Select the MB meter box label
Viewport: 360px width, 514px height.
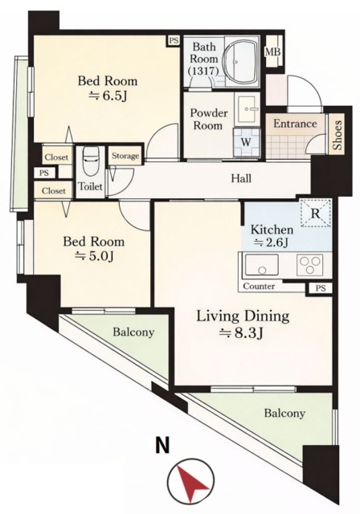pos(272,51)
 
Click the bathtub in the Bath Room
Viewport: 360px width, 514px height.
pos(241,62)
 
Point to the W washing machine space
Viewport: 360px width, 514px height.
pos(246,143)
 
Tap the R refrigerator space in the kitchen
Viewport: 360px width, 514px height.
pos(315,213)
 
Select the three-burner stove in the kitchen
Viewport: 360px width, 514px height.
pos(309,265)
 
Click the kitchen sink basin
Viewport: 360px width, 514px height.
pos(261,264)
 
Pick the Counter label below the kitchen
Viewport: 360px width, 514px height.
pos(259,286)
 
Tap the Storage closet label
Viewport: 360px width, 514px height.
pos(125,156)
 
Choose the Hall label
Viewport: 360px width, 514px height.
pos(241,178)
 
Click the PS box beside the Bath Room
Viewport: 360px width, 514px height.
pos(174,40)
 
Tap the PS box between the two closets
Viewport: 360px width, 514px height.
pos(44,173)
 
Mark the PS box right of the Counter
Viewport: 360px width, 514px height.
pos(321,288)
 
